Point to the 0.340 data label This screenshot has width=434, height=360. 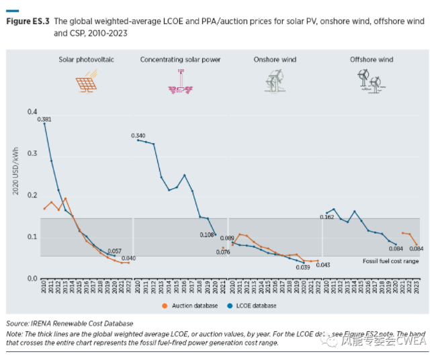coord(138,136)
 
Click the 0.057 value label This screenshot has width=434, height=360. coord(115,251)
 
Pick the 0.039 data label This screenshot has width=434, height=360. coord(302,267)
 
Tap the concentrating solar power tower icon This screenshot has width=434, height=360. coord(180,82)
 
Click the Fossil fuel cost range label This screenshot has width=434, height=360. coord(390,261)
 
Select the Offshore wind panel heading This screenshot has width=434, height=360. coord(371,60)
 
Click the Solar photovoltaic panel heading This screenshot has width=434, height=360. coord(86,60)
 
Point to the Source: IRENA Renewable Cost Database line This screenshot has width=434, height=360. coord(69,323)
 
